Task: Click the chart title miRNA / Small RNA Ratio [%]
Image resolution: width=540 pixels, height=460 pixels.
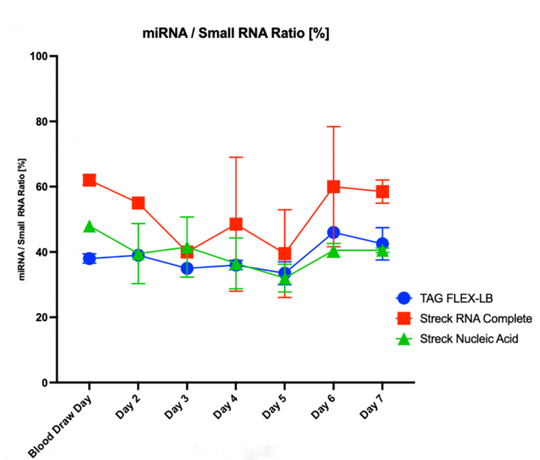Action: [x=236, y=33]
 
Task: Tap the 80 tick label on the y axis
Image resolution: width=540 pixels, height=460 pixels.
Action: [x=43, y=121]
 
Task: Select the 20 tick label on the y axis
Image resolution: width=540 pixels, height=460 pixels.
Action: [x=43, y=317]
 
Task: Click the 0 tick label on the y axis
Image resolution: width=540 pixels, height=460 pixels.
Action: [x=45, y=383]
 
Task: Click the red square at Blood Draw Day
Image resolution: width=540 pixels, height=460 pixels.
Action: [x=89, y=180]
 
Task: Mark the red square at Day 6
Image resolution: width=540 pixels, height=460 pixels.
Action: [x=333, y=186]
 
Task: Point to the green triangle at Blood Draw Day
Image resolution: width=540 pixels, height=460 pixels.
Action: [x=89, y=226]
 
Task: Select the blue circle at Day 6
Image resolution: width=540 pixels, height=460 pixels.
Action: [x=333, y=232]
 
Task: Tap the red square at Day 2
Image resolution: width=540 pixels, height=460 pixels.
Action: [x=138, y=203]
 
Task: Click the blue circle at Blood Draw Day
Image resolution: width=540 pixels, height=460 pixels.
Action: [x=89, y=259]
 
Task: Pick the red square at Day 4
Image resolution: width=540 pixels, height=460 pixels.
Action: [x=236, y=224]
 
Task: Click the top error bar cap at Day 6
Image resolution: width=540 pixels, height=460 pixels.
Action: [x=333, y=126]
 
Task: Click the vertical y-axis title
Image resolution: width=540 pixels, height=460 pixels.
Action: [x=22, y=219]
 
